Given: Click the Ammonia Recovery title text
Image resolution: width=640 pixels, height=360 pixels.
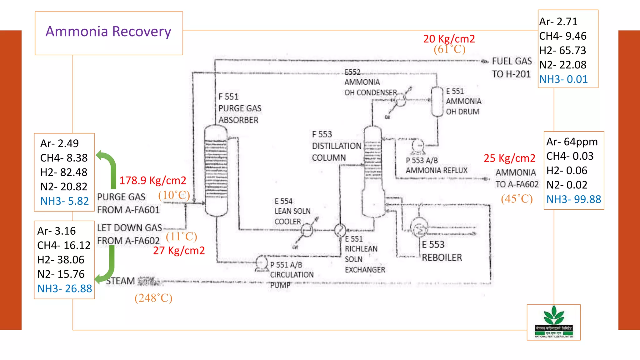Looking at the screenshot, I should point(108,32).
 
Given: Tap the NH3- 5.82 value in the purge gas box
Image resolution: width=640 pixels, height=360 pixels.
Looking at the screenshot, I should point(64,201).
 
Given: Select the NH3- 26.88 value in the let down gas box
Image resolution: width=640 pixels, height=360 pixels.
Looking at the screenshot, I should point(64,288).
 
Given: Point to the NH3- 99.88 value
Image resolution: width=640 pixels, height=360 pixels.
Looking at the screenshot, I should point(573,199).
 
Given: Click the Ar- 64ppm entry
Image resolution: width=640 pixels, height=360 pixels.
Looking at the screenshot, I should point(572,142).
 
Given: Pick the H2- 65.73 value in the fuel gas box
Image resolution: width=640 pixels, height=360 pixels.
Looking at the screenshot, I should point(562,50).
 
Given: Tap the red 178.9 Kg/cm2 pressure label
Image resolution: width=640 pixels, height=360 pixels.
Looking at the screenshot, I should point(152,180).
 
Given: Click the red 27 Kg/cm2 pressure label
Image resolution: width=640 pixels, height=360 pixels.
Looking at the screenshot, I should point(179,250).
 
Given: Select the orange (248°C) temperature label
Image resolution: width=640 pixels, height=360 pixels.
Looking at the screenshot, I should point(153,298).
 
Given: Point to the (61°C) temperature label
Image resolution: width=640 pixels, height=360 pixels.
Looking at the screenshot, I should point(449,49).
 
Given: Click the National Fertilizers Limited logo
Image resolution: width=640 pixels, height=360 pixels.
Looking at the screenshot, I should point(553,322).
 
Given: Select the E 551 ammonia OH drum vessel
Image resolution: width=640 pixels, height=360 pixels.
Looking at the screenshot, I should point(437,102).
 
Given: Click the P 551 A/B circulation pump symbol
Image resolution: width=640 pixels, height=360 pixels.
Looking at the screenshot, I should point(261,263).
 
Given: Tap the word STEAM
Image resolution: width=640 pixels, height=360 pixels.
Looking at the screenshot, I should point(120,281).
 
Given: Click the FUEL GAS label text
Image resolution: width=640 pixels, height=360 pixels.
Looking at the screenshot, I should point(512,61).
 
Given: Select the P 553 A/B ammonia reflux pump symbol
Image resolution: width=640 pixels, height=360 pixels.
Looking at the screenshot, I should point(418,146).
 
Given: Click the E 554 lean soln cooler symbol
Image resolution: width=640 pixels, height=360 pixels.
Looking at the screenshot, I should point(307,230).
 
